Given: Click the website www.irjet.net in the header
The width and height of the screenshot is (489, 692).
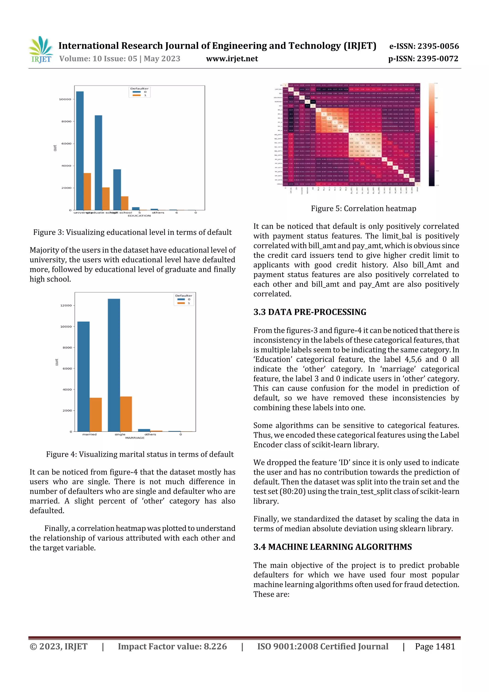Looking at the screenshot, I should [x=232, y=59].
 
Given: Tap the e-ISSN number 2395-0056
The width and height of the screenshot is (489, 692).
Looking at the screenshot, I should [x=424, y=46].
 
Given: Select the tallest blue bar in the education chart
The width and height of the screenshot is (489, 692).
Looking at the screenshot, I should [x=80, y=150].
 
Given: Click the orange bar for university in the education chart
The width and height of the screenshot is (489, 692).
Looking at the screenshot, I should [x=87, y=191].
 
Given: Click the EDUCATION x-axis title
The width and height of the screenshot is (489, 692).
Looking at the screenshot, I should [x=139, y=216].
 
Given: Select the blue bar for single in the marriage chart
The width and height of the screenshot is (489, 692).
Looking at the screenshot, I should [x=114, y=365].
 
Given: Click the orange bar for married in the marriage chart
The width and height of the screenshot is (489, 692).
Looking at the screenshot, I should [x=96, y=414].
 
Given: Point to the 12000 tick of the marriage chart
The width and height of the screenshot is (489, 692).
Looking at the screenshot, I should [x=66, y=305].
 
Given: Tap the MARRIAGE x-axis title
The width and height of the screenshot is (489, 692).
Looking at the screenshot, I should [x=135, y=438].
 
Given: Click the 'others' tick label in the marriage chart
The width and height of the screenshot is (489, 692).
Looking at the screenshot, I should [x=150, y=434].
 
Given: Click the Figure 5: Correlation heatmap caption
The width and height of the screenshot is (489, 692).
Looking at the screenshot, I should [x=363, y=208].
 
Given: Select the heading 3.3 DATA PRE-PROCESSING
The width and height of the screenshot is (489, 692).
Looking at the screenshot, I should [x=310, y=312].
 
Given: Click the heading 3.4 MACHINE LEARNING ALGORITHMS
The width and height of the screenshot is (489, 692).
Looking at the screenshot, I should [x=332, y=547].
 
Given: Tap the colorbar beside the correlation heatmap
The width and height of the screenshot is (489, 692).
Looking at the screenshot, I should [x=431, y=134].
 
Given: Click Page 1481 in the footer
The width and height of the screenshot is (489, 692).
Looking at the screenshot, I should [x=435, y=646].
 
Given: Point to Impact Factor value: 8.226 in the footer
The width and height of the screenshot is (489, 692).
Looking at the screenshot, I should [x=172, y=646].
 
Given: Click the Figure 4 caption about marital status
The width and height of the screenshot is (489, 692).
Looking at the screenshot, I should [x=140, y=454].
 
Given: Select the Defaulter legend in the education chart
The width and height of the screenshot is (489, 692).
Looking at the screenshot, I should [x=139, y=92].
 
